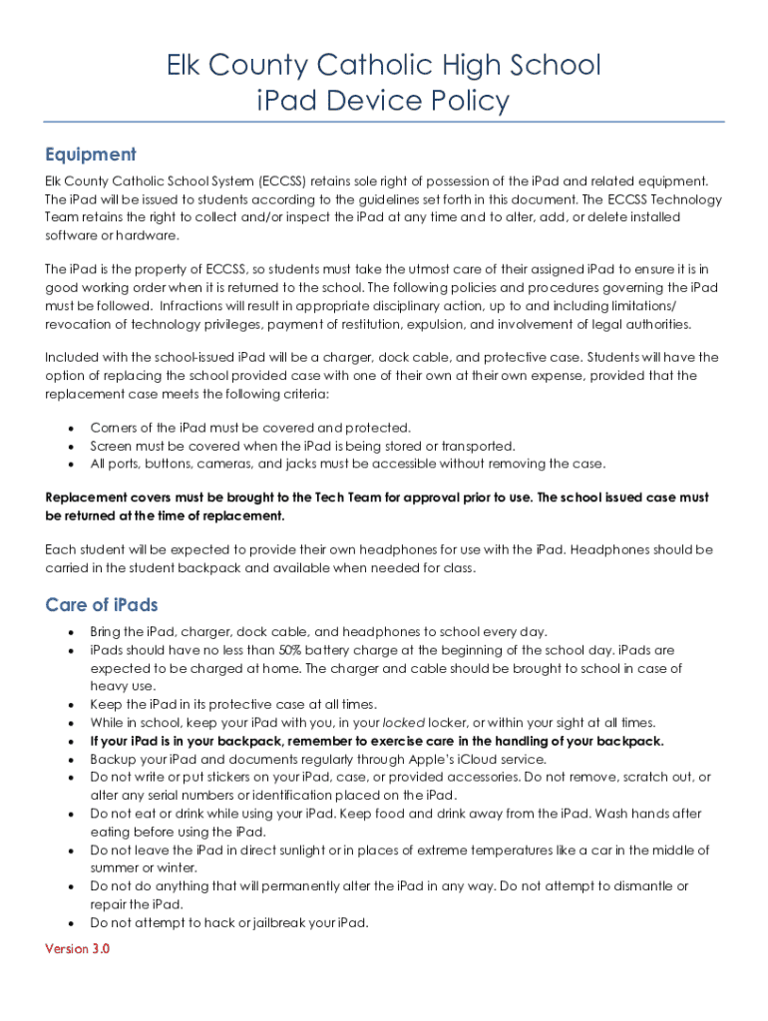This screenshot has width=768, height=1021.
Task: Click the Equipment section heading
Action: tap(91, 155)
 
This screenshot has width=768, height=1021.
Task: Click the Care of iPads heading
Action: tap(102, 605)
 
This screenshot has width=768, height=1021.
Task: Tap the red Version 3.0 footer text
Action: tap(78, 948)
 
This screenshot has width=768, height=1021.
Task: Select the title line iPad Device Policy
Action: tap(383, 101)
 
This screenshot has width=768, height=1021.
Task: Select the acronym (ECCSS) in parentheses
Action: tap(283, 180)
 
